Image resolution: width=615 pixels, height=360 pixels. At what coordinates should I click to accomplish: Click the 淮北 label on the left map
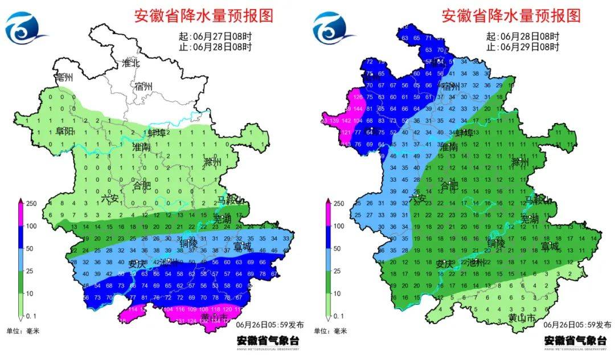130,63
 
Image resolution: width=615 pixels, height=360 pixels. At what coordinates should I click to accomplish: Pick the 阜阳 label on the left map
64,132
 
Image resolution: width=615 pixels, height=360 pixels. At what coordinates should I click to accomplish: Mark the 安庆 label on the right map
445,264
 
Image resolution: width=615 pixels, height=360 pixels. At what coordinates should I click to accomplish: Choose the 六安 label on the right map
419,198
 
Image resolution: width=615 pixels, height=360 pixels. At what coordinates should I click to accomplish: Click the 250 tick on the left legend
32,203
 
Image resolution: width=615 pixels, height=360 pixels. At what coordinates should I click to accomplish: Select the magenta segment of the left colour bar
20,214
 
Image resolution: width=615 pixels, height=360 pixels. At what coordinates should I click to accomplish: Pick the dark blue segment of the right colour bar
328,237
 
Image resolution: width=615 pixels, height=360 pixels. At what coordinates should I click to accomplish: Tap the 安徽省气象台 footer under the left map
267,341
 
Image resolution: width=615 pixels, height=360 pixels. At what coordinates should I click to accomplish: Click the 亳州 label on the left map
63,77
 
